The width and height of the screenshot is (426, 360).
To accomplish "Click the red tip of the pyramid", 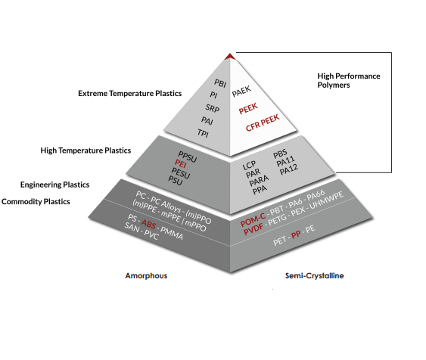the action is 230,57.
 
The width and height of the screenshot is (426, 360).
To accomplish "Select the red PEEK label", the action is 248,109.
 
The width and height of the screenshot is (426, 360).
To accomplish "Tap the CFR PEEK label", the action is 263,123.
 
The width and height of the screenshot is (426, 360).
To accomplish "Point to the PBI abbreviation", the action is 220,83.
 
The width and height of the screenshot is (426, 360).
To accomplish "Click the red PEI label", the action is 181,163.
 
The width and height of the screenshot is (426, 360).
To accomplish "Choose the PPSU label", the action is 187,157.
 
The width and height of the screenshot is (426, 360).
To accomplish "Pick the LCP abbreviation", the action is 249,165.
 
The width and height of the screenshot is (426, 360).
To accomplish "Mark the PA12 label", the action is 289,169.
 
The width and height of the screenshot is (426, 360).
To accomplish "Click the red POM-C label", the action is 253,219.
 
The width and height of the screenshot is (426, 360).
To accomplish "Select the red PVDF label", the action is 253,228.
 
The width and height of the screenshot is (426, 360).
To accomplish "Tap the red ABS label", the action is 148,225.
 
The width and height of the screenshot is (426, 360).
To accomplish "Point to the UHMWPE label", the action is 327,200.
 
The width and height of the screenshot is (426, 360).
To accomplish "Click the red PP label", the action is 296,234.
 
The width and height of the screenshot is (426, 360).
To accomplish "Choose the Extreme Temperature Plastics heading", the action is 130,93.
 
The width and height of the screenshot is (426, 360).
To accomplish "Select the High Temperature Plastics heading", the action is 86,151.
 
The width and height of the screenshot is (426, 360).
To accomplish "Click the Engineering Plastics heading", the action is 55,185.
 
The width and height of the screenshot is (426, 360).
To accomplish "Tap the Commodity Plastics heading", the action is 36,202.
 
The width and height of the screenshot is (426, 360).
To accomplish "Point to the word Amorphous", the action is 146,276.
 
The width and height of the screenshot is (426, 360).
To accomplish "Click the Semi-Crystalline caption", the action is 315,276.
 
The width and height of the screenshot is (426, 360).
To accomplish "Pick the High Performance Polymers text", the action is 349,80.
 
